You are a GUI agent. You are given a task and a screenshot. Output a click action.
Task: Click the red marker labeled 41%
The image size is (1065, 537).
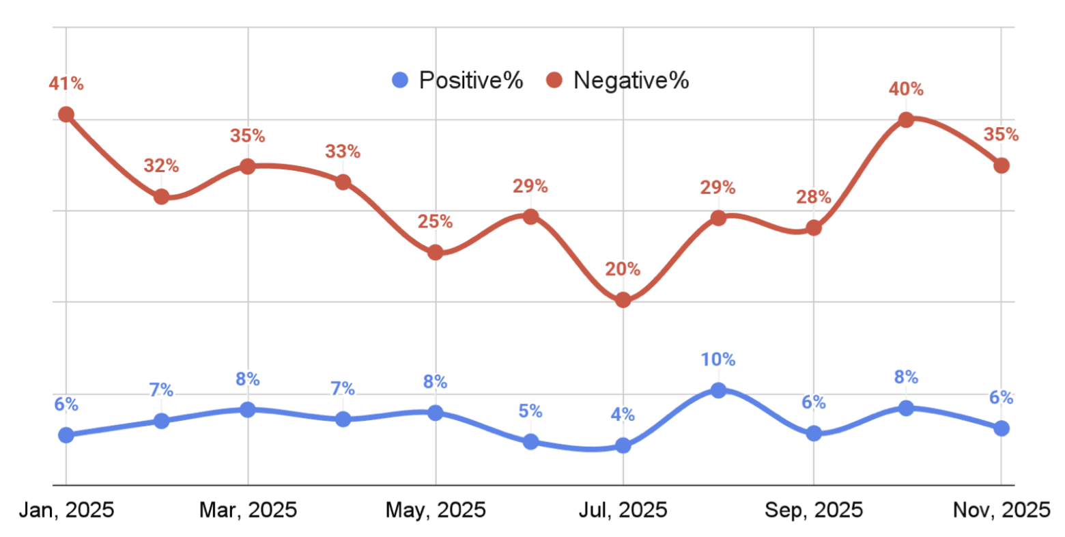(x=66, y=114)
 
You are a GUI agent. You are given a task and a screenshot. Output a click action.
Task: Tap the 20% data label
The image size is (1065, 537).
(x=623, y=269)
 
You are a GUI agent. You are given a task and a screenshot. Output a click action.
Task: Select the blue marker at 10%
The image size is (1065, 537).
(x=718, y=390)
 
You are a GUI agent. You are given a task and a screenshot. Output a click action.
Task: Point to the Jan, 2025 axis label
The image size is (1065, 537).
(x=66, y=510)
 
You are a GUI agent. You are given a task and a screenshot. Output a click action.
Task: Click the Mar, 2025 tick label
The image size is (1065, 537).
(x=248, y=510)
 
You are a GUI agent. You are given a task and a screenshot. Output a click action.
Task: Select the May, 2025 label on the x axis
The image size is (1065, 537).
(x=436, y=510)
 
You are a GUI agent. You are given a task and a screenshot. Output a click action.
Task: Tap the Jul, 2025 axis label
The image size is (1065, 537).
(x=623, y=510)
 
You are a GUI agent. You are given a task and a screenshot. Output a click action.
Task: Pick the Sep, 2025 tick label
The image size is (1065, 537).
(x=814, y=510)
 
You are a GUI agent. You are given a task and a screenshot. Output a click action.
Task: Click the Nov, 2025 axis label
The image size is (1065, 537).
(x=1001, y=510)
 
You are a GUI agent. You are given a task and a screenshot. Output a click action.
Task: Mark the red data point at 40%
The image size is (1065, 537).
(x=906, y=120)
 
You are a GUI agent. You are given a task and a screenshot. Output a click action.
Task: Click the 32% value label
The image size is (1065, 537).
(x=161, y=166)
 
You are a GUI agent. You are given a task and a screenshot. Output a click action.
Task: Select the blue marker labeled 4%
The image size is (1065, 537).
(x=623, y=445)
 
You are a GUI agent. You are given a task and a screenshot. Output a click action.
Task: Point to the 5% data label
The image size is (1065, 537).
(x=530, y=411)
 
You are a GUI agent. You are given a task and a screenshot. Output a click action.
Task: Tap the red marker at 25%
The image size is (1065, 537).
(x=436, y=253)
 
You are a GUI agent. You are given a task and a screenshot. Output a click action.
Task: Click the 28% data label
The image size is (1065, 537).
(x=814, y=197)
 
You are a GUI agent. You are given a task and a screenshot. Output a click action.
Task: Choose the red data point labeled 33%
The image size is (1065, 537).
(x=343, y=182)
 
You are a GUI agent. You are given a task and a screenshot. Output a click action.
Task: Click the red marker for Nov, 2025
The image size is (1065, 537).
(x=1001, y=165)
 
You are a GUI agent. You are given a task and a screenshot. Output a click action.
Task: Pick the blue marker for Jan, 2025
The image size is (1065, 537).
(x=66, y=435)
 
